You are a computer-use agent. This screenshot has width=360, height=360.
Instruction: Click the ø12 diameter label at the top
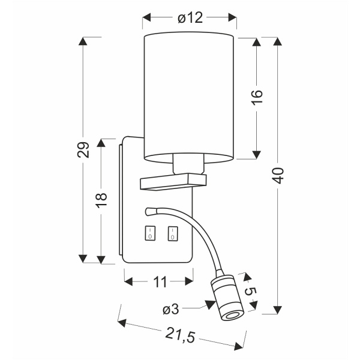[x=190, y=19]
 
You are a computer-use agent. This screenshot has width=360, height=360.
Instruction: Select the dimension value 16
[x=256, y=98]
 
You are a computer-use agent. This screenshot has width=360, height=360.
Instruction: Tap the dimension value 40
[x=277, y=175]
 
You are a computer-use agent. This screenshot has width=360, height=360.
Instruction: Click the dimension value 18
[x=101, y=197]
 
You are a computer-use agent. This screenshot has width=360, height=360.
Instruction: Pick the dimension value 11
[x=159, y=280]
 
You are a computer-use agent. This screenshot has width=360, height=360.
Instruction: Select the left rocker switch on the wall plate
[x=149, y=233]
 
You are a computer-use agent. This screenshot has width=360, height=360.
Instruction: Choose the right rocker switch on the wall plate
[x=173, y=233]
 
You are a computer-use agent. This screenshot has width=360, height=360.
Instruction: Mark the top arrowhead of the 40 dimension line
[x=277, y=41]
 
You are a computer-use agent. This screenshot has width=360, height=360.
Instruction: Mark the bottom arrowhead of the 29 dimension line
[x=84, y=259]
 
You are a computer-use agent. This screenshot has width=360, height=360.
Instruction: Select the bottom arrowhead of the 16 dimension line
[x=256, y=154]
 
